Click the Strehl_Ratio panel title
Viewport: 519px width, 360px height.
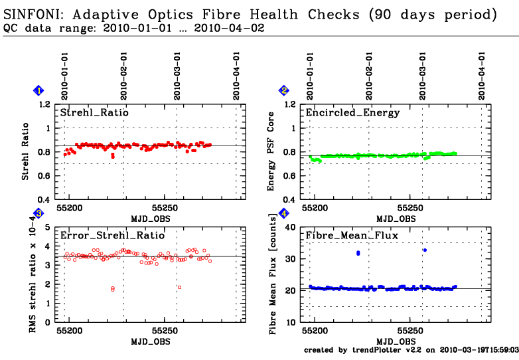(x=94, y=113)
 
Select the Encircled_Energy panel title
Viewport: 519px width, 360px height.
(x=352, y=113)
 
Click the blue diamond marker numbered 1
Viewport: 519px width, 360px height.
(x=38, y=90)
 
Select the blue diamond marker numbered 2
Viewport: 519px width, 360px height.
(x=284, y=90)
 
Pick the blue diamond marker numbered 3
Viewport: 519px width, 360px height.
(x=38, y=213)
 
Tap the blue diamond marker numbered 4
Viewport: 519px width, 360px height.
(x=284, y=213)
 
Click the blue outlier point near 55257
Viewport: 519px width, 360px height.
(x=425, y=250)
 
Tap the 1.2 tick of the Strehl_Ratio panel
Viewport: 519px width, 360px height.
(x=44, y=105)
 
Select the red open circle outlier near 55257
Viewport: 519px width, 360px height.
(x=179, y=287)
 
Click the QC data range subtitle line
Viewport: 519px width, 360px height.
(x=133, y=28)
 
